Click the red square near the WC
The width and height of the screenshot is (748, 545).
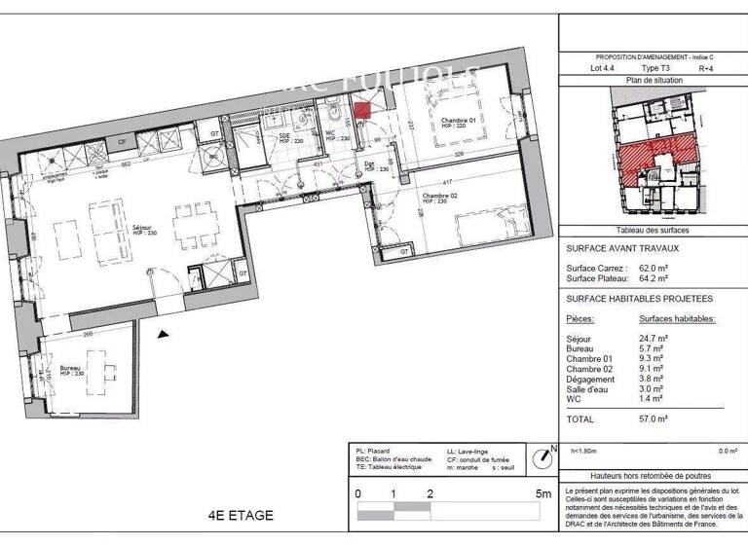(x=361, y=111)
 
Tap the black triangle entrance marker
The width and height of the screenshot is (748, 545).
(x=164, y=334)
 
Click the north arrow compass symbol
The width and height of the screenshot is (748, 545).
(x=542, y=456)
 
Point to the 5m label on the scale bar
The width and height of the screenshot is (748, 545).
(x=543, y=493)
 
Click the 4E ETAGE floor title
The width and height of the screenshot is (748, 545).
(x=242, y=516)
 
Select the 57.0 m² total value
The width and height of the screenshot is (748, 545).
(x=653, y=418)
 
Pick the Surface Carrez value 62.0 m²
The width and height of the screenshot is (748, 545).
(x=652, y=268)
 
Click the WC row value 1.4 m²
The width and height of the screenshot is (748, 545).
(x=651, y=399)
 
